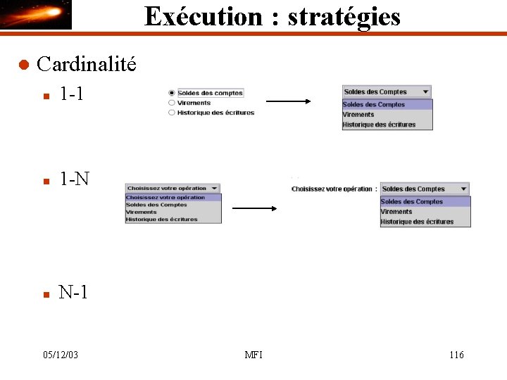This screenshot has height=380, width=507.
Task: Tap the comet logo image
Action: [36, 15]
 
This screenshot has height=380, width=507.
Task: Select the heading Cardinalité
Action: [87, 65]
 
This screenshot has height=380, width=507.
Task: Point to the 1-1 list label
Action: [72, 93]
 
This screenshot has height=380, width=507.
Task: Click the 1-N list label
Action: [74, 179]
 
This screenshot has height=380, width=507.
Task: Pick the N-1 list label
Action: [73, 292]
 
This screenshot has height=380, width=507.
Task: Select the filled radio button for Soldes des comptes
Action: [172, 93]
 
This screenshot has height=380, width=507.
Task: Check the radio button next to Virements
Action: [172, 103]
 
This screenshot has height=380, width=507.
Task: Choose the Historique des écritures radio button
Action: [172, 113]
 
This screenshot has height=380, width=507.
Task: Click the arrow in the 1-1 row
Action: [288, 101]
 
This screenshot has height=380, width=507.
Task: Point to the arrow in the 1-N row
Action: [254, 208]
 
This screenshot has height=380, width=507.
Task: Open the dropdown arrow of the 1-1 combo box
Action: [425, 91]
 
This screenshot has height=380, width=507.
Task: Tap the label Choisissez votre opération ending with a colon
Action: [334, 189]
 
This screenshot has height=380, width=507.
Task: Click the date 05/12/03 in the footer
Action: [60, 355]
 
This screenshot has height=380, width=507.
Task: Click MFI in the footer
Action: [254, 355]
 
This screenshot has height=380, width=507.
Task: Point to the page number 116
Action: [456, 355]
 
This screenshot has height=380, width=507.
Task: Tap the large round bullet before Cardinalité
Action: [23, 65]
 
